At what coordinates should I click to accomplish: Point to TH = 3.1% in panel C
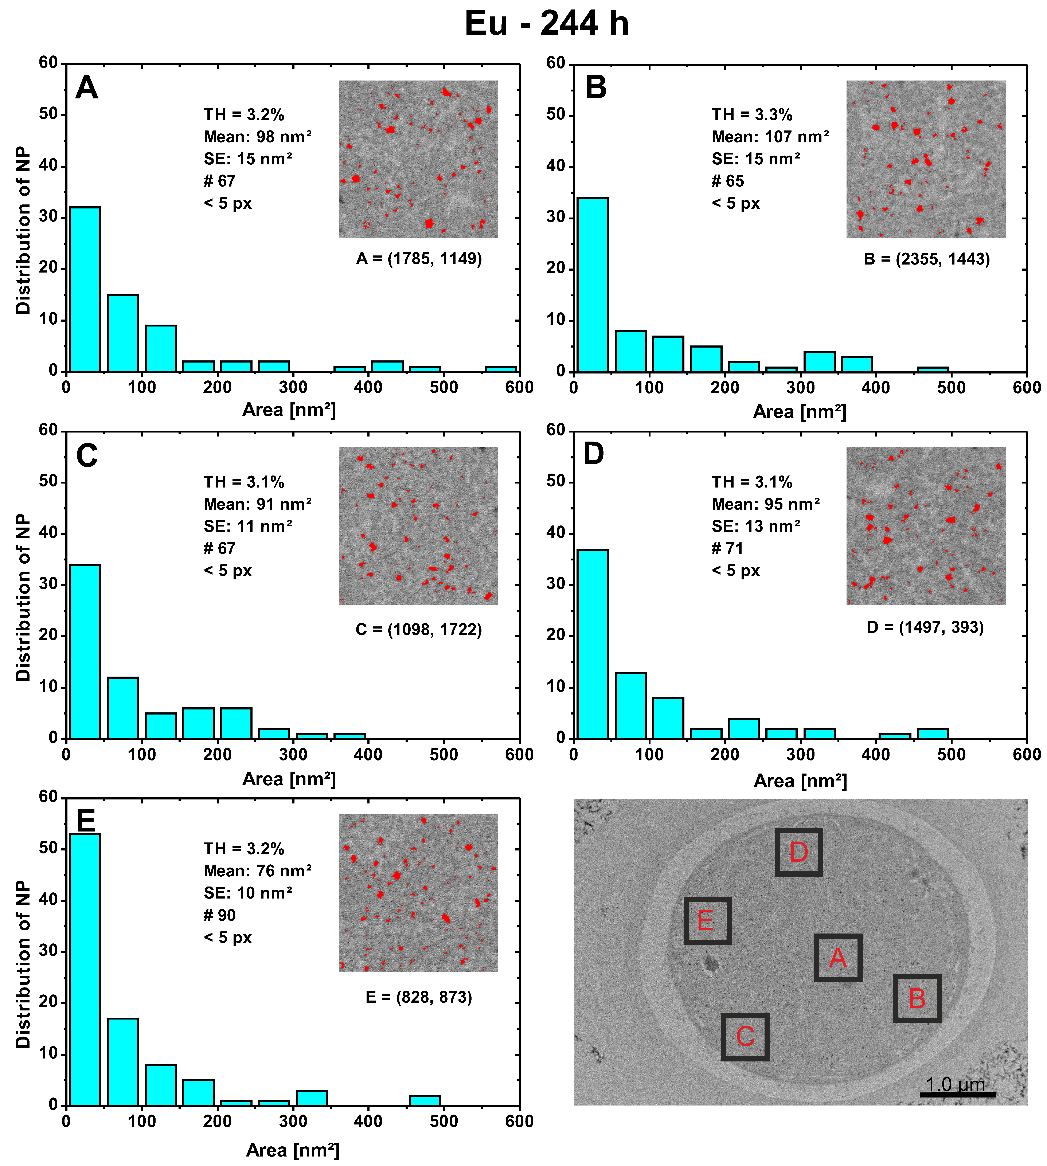tap(244, 482)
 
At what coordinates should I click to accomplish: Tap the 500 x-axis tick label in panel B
tap(951, 388)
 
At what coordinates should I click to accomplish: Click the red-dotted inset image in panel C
tap(418, 526)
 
